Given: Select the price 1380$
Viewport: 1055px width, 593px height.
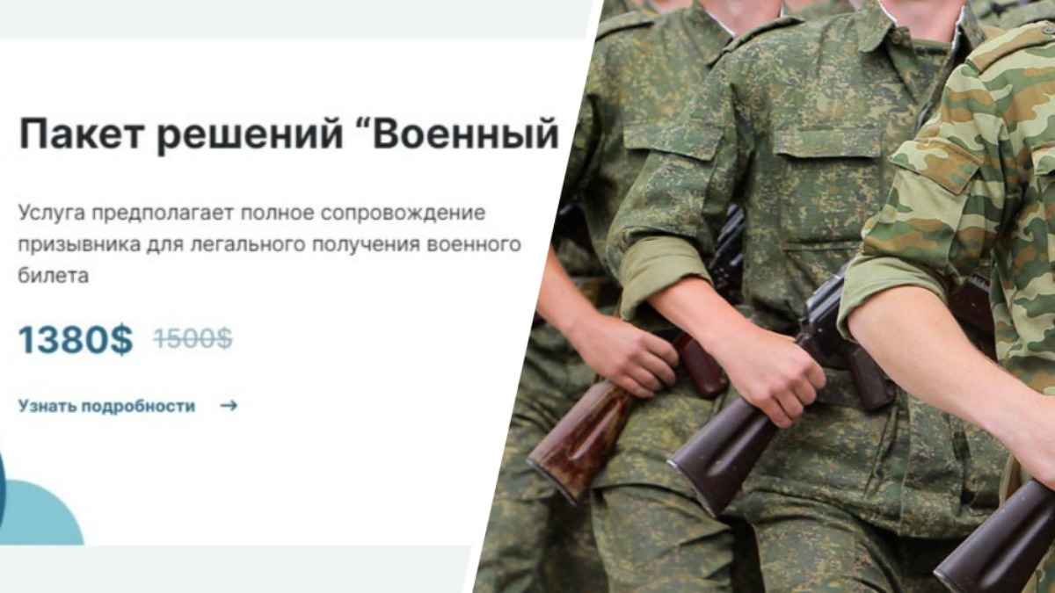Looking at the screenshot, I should pos(76,339).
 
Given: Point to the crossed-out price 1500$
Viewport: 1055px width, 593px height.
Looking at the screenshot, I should pos(193,338).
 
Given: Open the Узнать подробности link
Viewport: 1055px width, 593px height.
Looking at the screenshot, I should pos(106,406).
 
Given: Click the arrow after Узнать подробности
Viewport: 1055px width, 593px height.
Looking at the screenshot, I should pos(229,406).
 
